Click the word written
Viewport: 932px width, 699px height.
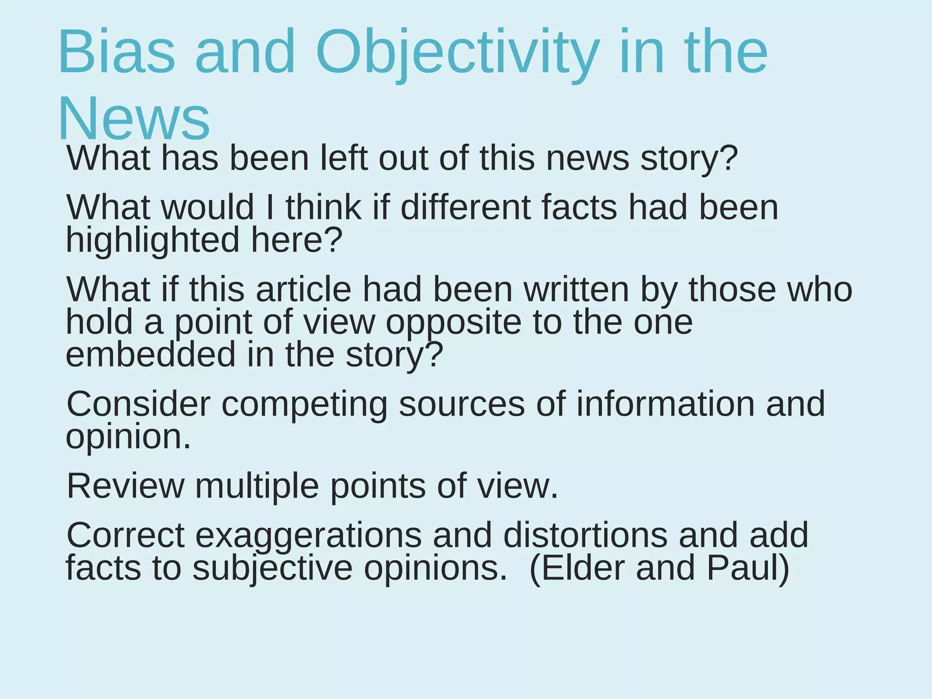point(577,289)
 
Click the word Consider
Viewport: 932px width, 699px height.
point(138,404)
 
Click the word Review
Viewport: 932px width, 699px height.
point(126,486)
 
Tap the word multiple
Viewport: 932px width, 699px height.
point(257,486)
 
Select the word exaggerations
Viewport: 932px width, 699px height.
point(309,536)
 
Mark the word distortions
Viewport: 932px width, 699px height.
point(585,536)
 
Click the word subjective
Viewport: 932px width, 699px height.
point(272,568)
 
